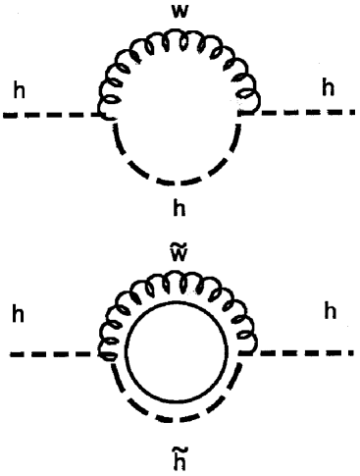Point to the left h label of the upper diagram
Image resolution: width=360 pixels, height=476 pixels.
(x=19, y=91)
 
